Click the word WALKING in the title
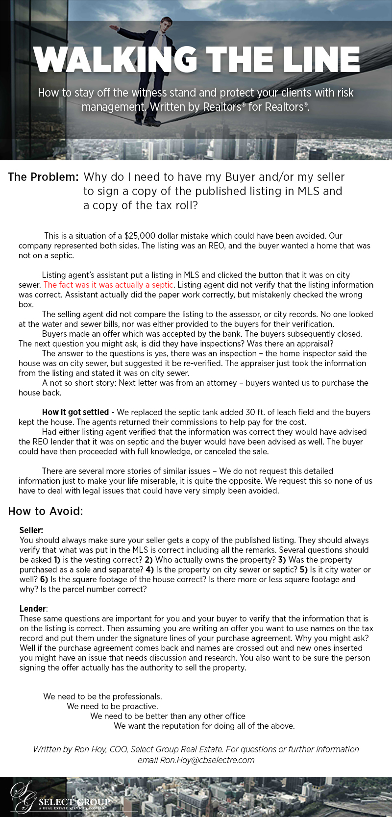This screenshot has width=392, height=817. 115,60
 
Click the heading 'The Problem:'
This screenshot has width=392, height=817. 43,177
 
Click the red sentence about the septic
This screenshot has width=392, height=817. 108,285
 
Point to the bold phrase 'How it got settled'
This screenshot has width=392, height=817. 75,412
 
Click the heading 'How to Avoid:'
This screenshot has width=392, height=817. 46,511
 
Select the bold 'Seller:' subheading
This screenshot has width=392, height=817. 31,530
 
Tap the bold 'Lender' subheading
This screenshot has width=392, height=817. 32,608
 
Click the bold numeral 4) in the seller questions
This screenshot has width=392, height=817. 150,569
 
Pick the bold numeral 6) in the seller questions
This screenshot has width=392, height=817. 44,579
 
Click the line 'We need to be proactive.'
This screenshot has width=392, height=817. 112,706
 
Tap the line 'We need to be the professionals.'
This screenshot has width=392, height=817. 102,696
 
